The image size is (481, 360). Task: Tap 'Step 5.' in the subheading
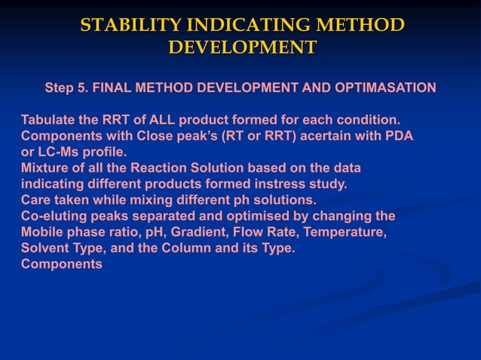(x=66, y=87)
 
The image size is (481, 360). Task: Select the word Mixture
(x=44, y=168)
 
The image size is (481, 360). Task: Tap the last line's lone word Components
(x=61, y=264)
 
